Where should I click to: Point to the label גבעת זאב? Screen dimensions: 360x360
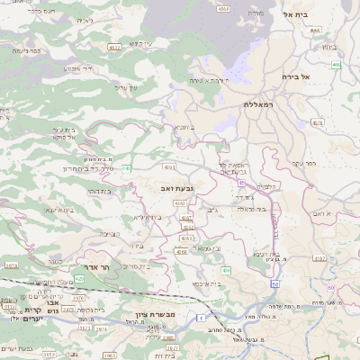coord(189,185)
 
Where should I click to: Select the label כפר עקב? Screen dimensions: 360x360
coord(304,164)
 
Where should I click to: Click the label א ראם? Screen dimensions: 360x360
coord(322,213)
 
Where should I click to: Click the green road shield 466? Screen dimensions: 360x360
coord(336,65)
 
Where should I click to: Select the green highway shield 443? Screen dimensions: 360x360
coord(127,167)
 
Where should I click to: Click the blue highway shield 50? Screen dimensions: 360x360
coord(274,284)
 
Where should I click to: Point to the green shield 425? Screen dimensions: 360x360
coord(79,280)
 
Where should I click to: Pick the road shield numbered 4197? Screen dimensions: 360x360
coord(186,218)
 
